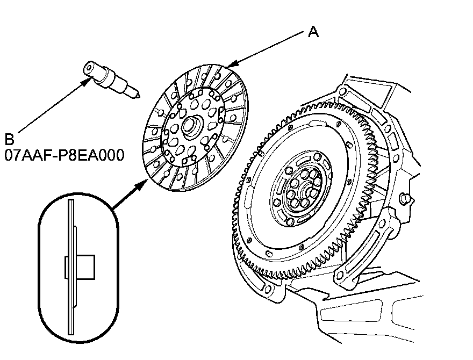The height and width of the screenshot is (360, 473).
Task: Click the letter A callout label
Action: pyautogui.click(x=313, y=32)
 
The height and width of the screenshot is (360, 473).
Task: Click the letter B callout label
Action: pyautogui.click(x=9, y=140)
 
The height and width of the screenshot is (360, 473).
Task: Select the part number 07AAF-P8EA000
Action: pyautogui.click(x=64, y=155)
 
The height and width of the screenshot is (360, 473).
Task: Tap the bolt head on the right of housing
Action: pyautogui.click(x=405, y=200)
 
